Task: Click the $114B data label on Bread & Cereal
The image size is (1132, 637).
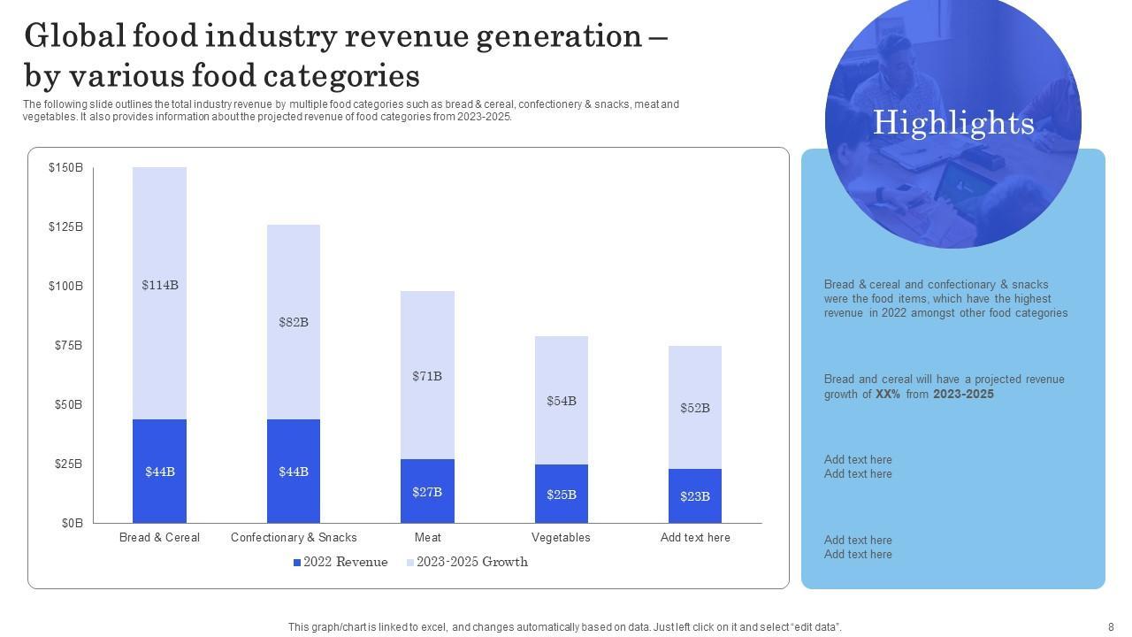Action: tap(160, 285)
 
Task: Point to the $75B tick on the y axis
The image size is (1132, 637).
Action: tap(66, 345)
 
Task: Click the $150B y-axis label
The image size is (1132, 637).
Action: tap(66, 167)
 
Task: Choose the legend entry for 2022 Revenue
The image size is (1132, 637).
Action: tap(340, 562)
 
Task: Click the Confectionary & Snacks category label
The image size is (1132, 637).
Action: tap(294, 537)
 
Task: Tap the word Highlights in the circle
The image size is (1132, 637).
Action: tap(953, 122)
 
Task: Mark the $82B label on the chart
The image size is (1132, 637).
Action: tap(294, 322)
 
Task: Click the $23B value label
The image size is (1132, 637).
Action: tap(695, 496)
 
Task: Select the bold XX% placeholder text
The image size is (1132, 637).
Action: tap(888, 395)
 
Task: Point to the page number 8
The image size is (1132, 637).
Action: tap(1111, 626)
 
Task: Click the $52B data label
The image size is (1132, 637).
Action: tap(695, 408)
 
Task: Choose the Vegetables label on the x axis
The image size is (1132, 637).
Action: tap(561, 537)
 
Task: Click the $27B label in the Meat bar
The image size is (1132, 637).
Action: tap(427, 492)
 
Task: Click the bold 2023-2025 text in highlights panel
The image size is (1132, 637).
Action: tap(963, 395)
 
